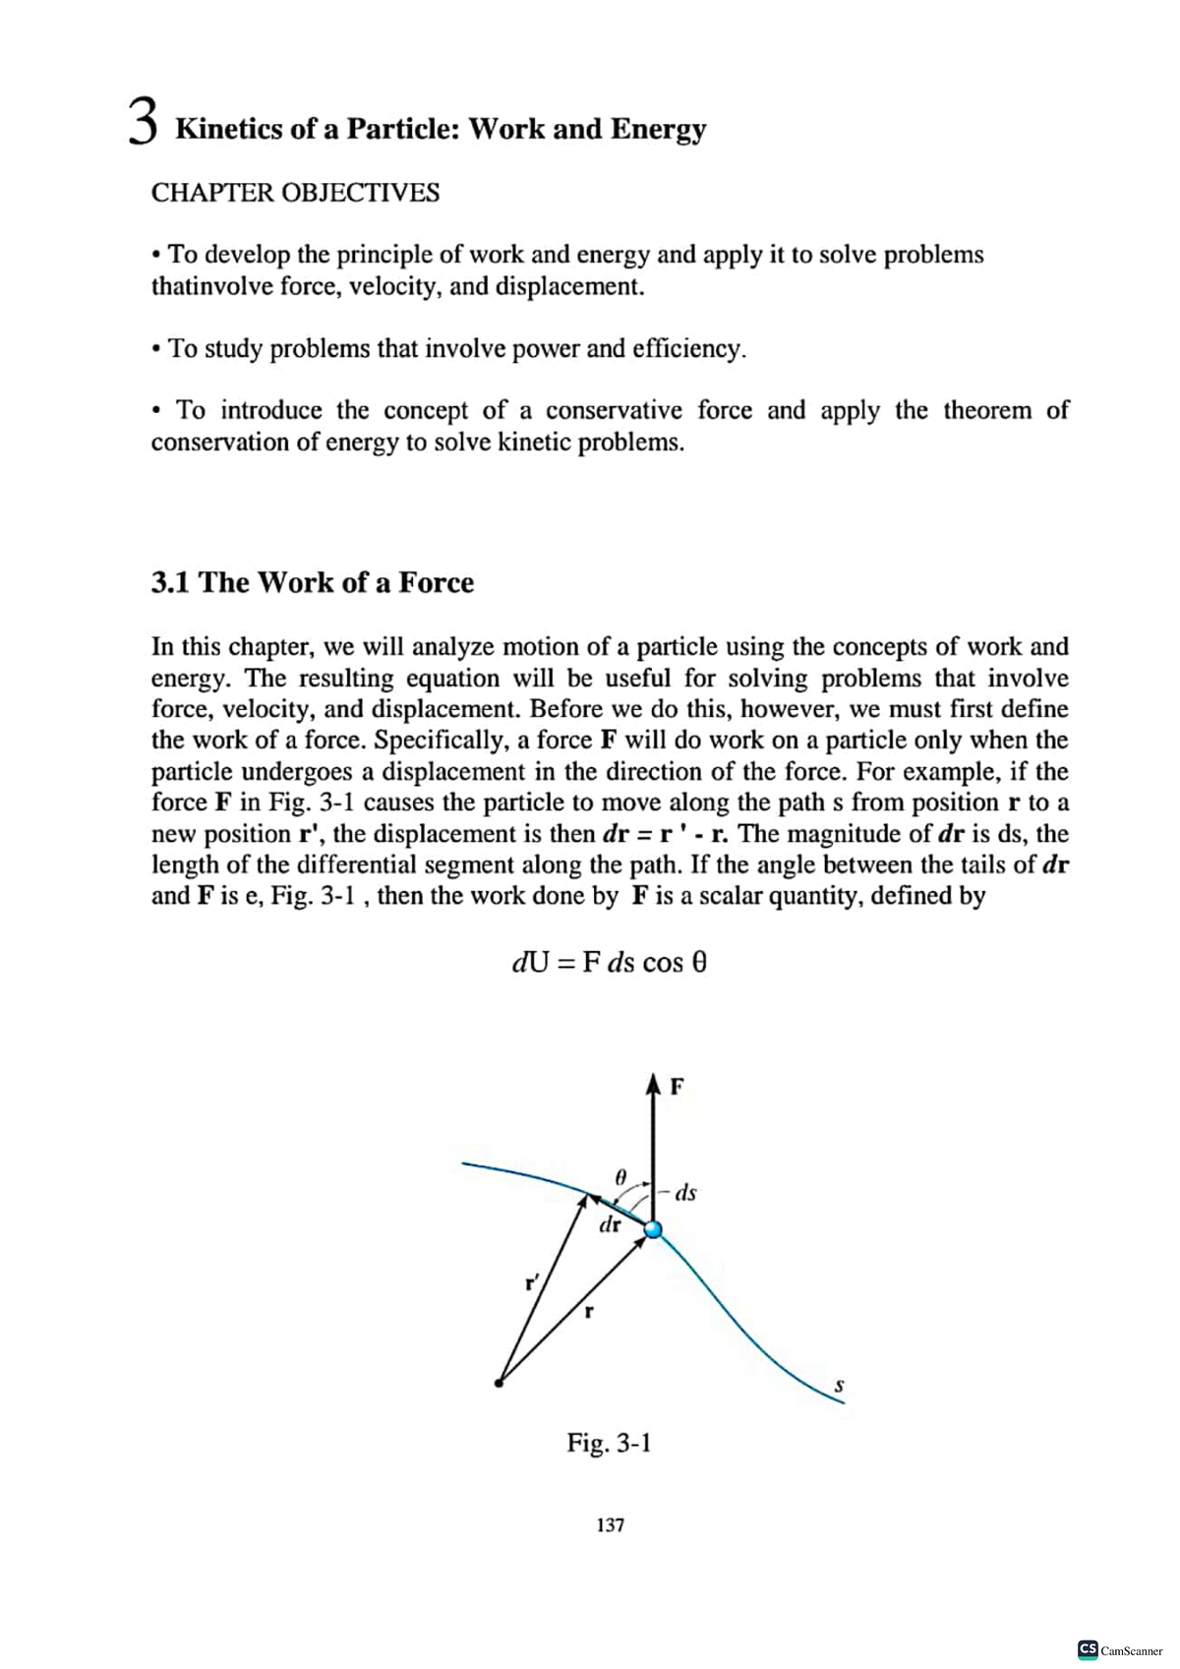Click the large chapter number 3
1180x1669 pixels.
[x=144, y=123]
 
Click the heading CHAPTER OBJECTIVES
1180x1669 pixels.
[x=295, y=193]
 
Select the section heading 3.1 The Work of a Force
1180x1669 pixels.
[x=312, y=583]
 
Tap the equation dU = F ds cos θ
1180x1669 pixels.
[x=609, y=963]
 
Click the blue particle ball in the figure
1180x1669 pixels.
[x=652, y=1230]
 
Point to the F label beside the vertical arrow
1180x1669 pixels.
[x=677, y=1088]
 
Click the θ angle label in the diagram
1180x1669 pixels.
[x=619, y=1176]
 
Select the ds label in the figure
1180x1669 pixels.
[x=685, y=1193]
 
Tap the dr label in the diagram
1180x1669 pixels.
[x=610, y=1225]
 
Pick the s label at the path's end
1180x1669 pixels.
[x=839, y=1386]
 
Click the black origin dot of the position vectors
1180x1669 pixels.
[x=500, y=1383]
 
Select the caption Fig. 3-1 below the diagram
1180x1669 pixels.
[x=609, y=1444]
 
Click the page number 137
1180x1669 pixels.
[x=610, y=1525]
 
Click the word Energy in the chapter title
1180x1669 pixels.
[x=658, y=130]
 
